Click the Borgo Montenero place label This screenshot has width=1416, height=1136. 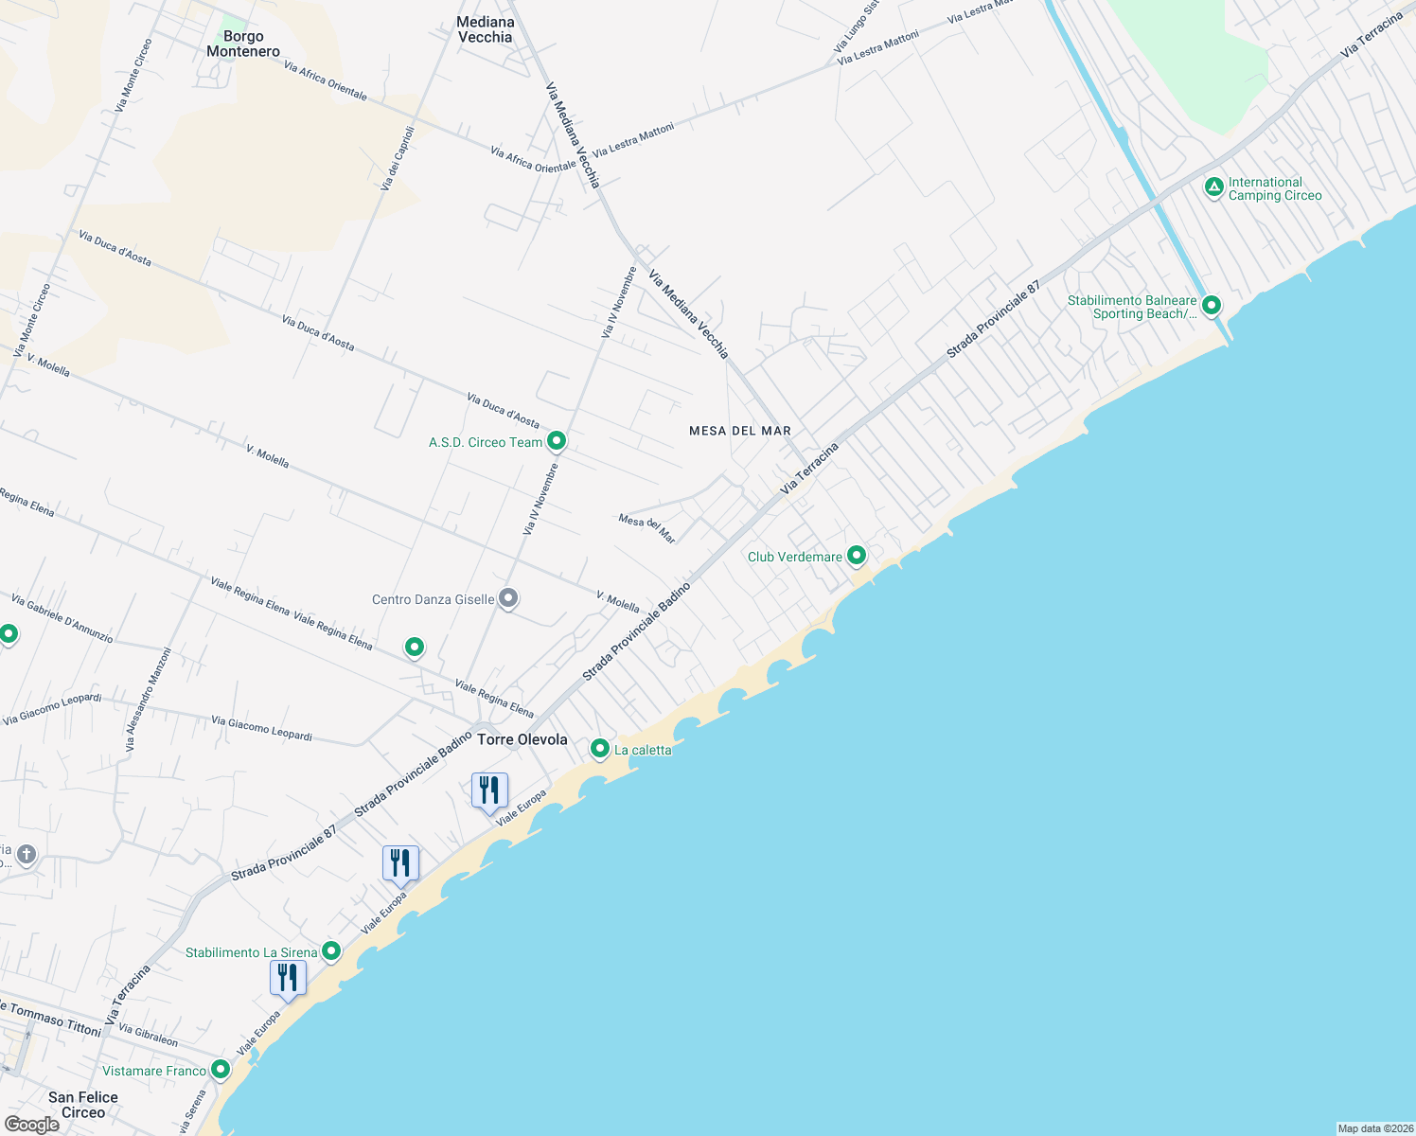pyautogui.click(x=243, y=44)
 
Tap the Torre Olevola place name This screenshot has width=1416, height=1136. pyautogui.click(x=522, y=739)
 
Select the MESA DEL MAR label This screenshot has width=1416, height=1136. pyautogui.click(x=740, y=431)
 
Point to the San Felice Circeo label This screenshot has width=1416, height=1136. pyautogui.click(x=83, y=1105)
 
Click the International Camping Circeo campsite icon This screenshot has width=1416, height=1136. pyautogui.click(x=1214, y=187)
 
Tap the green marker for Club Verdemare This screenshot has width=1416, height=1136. pyautogui.click(x=857, y=556)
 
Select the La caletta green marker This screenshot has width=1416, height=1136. pyautogui.click(x=599, y=749)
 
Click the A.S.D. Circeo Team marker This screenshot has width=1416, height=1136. pyautogui.click(x=557, y=441)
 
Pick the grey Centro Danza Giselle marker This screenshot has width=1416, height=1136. pyautogui.click(x=508, y=598)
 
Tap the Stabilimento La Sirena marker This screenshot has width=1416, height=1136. pyautogui.click(x=331, y=951)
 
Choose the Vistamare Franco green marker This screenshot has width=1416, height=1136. pyautogui.click(x=221, y=1070)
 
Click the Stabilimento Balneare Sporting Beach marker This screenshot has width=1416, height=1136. pyautogui.click(x=1211, y=306)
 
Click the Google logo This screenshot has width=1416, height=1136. pyautogui.click(x=31, y=1124)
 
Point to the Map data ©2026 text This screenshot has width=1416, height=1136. pyautogui.click(x=1374, y=1128)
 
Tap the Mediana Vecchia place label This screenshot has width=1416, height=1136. pyautogui.click(x=486, y=29)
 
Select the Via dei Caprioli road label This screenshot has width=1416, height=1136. pyautogui.click(x=398, y=158)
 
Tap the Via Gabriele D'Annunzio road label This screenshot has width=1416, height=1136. pyautogui.click(x=62, y=619)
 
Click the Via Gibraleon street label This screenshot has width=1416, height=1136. pyautogui.click(x=148, y=1034)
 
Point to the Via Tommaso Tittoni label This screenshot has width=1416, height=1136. pyautogui.click(x=52, y=1020)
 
